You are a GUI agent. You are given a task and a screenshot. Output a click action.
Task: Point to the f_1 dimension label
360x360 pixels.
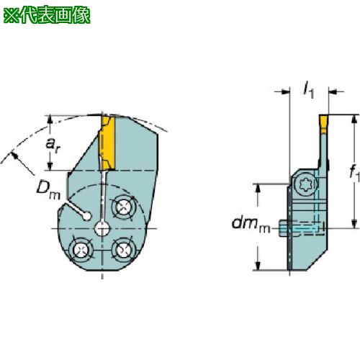coord(351,172)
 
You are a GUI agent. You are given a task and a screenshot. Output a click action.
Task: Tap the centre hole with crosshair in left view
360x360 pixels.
coord(102,229)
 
